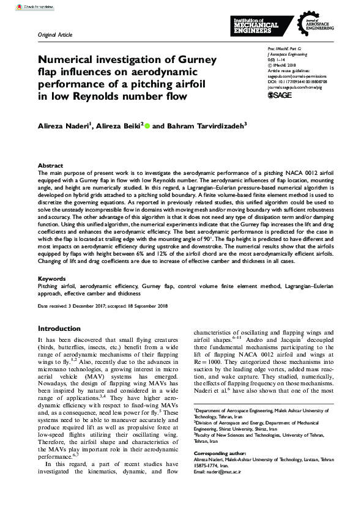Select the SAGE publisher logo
[280, 95]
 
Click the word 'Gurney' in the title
[193, 59]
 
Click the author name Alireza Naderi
[64, 126]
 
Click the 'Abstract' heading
[50, 166]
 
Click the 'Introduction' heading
[61, 328]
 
